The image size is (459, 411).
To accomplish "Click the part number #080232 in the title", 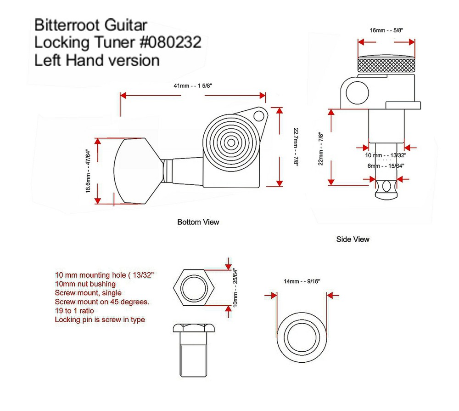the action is tap(171, 42).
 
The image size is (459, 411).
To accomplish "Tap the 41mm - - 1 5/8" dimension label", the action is tap(193, 86).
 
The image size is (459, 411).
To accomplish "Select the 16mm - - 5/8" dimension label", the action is tap(386, 30).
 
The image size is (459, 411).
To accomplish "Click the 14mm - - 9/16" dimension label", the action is tap(302, 281).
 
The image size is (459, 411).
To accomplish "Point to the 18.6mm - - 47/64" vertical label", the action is tap(88, 171).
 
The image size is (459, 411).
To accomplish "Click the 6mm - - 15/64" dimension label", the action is tap(386, 166).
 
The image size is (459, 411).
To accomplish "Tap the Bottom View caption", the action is tap(198, 222).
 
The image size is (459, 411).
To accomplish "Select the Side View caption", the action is tap(353, 239).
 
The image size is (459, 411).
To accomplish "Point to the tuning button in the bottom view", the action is tap(138, 171).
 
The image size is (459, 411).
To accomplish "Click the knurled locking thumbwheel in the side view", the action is tap(386, 64).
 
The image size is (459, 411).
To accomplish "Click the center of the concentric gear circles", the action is tap(231, 143).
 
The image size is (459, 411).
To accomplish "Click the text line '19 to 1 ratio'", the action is tap(74, 311).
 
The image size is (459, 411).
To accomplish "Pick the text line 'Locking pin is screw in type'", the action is tap(100, 320).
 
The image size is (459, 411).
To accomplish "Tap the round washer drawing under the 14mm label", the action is tap(302, 337).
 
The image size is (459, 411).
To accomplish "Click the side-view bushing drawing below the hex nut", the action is tap(194, 350).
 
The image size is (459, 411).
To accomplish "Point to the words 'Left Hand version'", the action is tap(97, 60).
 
